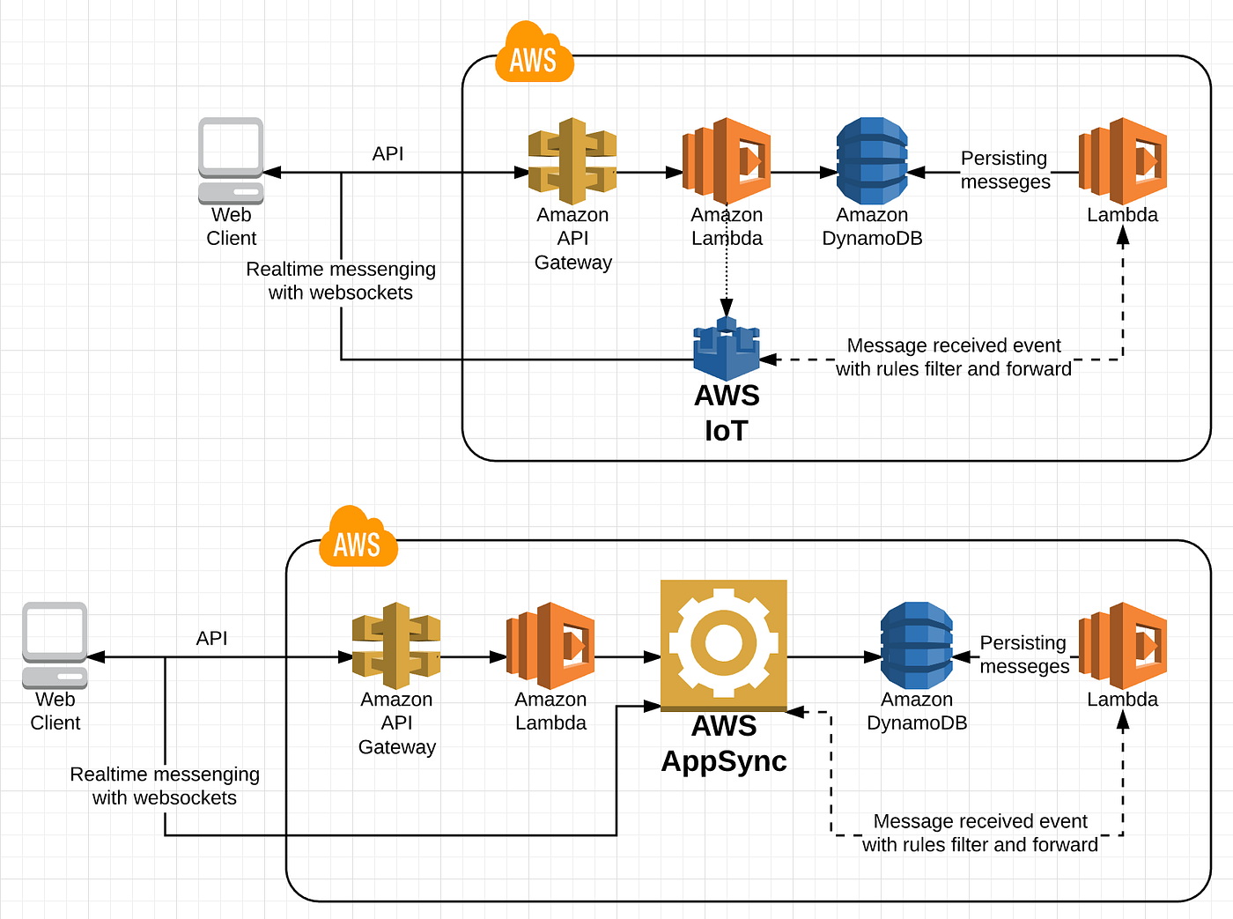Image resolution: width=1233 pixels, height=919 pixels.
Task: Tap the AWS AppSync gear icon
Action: (724, 644)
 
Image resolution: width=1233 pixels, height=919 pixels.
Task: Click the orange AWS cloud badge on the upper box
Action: (534, 55)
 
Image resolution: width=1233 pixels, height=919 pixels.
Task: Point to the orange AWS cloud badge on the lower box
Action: (358, 539)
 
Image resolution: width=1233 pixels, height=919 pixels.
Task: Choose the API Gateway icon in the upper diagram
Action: (572, 161)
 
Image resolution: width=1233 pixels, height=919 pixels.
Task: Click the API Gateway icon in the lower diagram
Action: (396, 646)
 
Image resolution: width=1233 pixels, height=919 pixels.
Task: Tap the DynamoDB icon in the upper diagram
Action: (872, 161)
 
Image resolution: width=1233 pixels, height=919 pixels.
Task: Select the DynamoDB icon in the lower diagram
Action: (917, 646)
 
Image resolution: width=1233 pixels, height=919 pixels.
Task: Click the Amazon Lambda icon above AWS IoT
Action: (727, 161)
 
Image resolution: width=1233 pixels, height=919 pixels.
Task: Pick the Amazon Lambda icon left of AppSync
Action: (550, 646)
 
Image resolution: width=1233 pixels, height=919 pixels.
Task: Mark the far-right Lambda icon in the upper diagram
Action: (1123, 161)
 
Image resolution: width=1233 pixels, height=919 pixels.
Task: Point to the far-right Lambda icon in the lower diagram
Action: (1123, 646)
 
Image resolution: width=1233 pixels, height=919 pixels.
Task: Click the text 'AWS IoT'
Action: (727, 413)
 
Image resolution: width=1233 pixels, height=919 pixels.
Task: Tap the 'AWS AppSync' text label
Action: (724, 744)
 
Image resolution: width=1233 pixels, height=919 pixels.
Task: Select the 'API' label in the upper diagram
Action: (388, 154)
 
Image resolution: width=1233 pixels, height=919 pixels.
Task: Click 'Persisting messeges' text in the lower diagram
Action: (1024, 655)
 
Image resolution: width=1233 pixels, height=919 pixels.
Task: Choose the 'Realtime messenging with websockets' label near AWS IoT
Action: (341, 281)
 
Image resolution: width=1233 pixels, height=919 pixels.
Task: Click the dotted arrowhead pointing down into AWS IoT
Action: (727, 307)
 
